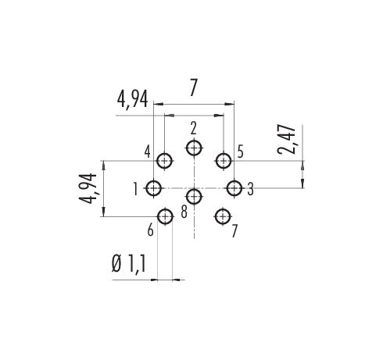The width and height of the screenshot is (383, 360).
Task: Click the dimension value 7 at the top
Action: point(193,87)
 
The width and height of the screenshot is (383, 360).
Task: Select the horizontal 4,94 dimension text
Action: point(132,99)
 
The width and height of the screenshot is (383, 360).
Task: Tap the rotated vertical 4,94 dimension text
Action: point(88,188)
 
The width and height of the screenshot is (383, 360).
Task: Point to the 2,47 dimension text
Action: point(287,140)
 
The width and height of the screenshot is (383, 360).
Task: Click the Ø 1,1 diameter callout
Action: point(128,264)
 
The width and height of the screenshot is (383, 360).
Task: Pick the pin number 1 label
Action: point(135,189)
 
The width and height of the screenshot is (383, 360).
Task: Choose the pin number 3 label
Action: point(250,189)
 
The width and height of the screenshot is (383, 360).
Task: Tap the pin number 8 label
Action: point(184,212)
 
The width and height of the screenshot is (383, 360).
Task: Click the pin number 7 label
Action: point(234,231)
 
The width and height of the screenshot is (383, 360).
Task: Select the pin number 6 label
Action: point(150,230)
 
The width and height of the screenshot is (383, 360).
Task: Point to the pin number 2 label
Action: point(193,129)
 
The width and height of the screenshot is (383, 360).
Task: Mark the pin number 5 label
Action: point(241,151)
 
